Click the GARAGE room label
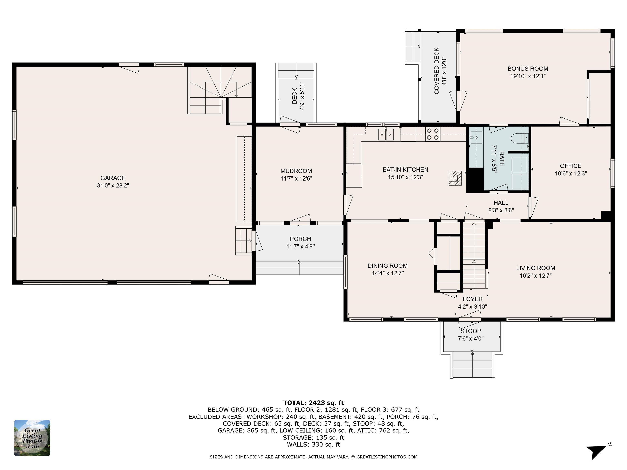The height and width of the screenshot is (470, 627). click(x=113, y=178)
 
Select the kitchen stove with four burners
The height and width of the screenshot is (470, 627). click(x=433, y=134)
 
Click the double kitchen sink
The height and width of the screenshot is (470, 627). click(x=386, y=134)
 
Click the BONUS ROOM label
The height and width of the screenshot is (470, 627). click(x=528, y=69)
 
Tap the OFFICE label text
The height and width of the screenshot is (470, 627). click(x=571, y=166)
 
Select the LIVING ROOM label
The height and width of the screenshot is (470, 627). click(x=535, y=268)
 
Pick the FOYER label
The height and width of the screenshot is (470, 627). click(x=472, y=299)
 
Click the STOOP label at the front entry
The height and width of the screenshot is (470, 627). click(x=470, y=331)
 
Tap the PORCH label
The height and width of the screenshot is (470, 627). click(x=300, y=239)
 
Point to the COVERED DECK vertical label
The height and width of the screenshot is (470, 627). click(x=437, y=71)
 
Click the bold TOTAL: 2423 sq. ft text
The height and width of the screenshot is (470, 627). click(x=313, y=402)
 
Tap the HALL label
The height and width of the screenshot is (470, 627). click(x=501, y=203)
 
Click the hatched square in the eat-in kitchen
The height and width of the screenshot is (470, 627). click(x=455, y=178)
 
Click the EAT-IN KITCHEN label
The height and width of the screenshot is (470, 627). click(x=405, y=170)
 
